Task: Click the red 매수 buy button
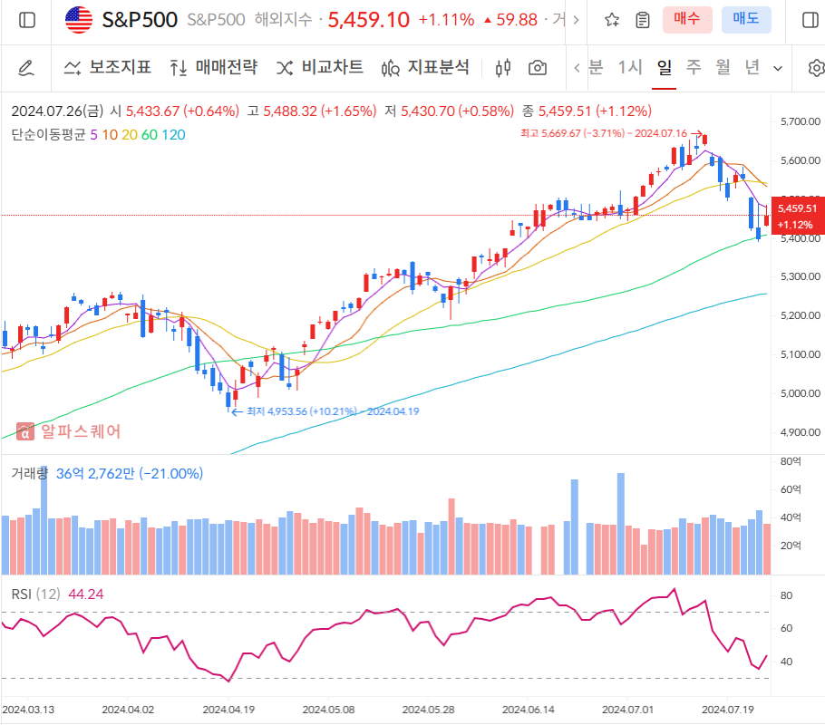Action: tap(687, 19)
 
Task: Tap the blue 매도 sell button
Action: tap(746, 19)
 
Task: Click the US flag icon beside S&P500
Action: tap(79, 20)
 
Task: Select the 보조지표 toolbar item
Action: tap(108, 67)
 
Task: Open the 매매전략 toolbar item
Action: tap(214, 67)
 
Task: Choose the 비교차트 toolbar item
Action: tap(320, 67)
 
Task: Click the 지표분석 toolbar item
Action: tap(426, 67)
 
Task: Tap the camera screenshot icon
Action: tap(538, 68)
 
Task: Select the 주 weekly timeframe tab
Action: tap(694, 67)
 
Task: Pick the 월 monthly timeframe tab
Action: tap(723, 67)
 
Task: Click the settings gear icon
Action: tap(816, 68)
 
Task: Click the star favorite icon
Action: tap(612, 20)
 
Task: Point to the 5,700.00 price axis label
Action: tap(800, 121)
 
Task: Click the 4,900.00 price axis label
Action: tap(800, 432)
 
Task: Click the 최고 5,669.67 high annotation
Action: tap(603, 133)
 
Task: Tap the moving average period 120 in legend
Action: tap(174, 135)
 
